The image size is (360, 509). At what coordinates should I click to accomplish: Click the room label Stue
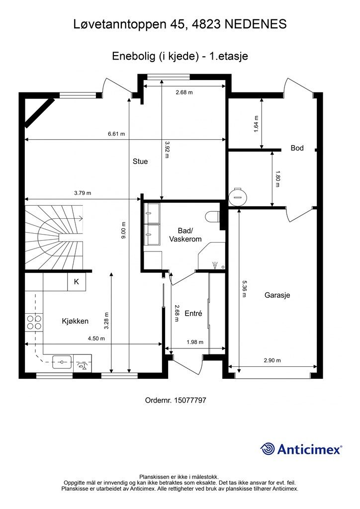(x=140, y=162)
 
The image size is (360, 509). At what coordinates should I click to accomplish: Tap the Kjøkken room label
(x=76, y=321)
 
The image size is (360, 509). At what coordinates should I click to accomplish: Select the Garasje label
(x=276, y=295)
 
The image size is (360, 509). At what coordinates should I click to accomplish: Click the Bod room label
(x=297, y=148)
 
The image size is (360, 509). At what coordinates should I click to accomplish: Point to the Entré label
(x=193, y=314)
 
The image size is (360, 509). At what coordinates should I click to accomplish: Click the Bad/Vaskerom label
(x=185, y=235)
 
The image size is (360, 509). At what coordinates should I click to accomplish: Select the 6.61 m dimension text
(x=116, y=134)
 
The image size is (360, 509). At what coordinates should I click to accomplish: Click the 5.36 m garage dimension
(x=244, y=288)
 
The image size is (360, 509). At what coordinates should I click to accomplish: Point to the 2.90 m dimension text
(x=272, y=360)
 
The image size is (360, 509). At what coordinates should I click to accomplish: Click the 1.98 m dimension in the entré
(x=195, y=342)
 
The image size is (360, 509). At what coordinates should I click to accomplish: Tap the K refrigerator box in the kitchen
(x=77, y=282)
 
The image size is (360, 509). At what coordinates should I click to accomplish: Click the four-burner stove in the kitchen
(x=34, y=322)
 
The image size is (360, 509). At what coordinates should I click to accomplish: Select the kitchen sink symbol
(x=62, y=361)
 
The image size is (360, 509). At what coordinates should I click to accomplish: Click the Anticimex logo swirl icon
(x=269, y=449)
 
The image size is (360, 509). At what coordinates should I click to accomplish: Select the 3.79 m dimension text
(x=83, y=193)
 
